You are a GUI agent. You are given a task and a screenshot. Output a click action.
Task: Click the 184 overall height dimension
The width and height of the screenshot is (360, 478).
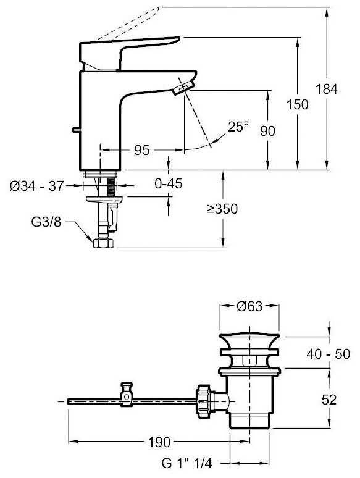(x=327, y=90)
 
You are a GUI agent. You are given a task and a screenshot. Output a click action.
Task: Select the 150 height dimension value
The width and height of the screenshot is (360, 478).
(x=298, y=104)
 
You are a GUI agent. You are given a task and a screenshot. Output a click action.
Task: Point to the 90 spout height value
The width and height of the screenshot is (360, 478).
(x=267, y=131)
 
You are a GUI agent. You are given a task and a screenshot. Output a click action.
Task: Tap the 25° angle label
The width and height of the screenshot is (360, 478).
(x=238, y=127)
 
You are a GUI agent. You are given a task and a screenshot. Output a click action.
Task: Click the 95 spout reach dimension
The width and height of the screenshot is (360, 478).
(x=142, y=150)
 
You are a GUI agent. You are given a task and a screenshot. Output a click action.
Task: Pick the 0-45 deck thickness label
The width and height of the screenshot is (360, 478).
(x=168, y=183)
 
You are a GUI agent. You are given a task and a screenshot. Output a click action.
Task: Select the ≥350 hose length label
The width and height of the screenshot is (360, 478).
(x=222, y=209)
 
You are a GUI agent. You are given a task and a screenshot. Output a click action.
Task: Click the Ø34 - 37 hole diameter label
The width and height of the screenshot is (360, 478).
(x=36, y=186)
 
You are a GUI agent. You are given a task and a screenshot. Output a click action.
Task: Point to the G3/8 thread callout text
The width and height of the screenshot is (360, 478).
(x=46, y=222)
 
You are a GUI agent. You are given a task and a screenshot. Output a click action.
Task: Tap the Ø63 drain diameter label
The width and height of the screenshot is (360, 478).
(x=249, y=306)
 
